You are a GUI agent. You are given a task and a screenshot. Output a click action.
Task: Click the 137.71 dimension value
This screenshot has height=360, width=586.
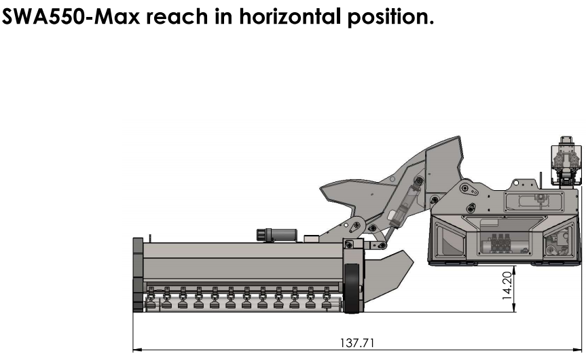pos(357,343)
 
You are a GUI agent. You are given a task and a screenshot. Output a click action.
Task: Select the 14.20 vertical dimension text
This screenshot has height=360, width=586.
pos(507,285)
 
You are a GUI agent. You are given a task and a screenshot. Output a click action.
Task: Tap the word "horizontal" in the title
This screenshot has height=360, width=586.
pos(290,16)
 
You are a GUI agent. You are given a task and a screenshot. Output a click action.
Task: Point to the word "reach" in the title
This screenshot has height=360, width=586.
pos(177,16)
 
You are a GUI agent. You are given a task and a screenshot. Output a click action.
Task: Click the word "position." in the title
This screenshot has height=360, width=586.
pos(390,17)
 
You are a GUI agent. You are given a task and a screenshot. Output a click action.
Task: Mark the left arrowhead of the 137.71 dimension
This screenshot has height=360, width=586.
pos(137,350)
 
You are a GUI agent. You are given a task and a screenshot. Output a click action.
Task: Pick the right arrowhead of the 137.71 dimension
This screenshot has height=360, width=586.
pos(577,350)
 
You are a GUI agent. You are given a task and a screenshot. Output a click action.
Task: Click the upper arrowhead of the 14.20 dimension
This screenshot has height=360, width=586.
pos(515,270)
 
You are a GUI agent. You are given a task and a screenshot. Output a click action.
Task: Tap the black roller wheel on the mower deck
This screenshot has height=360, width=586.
pos(352,288)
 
